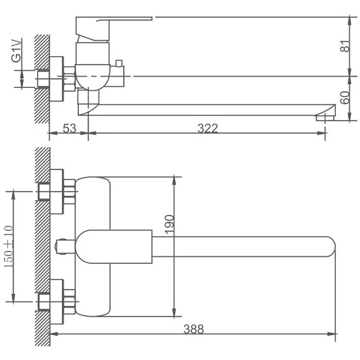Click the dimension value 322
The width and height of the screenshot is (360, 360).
[x=208, y=128]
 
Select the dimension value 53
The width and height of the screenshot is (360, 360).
[x=69, y=128]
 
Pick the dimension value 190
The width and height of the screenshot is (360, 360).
[x=169, y=224]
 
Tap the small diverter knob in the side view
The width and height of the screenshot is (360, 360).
[x=120, y=63]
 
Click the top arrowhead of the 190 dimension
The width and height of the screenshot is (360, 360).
[x=174, y=179]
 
